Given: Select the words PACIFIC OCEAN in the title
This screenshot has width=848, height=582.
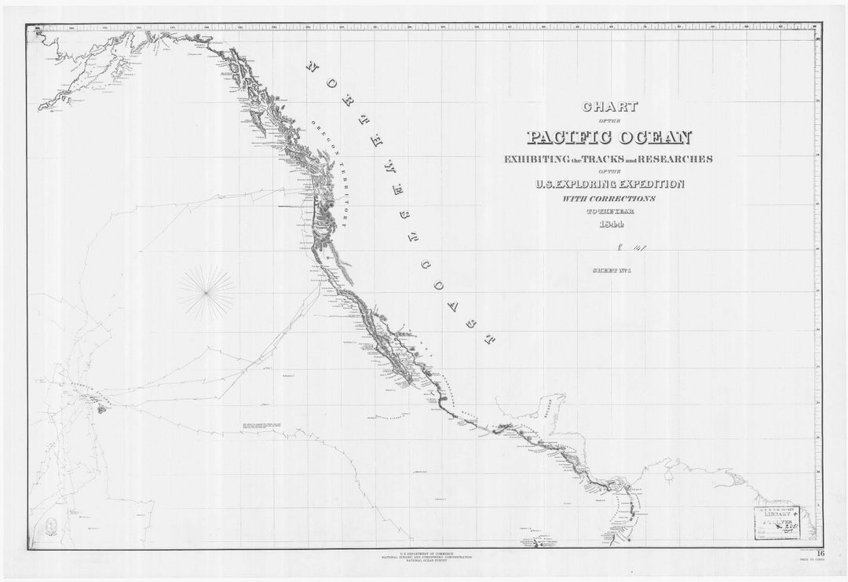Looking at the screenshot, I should click(x=609, y=137).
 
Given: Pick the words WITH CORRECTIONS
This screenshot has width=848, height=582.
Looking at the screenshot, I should click(x=609, y=199).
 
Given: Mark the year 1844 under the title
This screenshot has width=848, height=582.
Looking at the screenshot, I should click(x=609, y=226).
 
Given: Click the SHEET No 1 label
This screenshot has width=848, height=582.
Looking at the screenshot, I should click(x=609, y=271).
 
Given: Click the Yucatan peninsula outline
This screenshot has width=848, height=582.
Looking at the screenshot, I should click(x=543, y=409).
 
